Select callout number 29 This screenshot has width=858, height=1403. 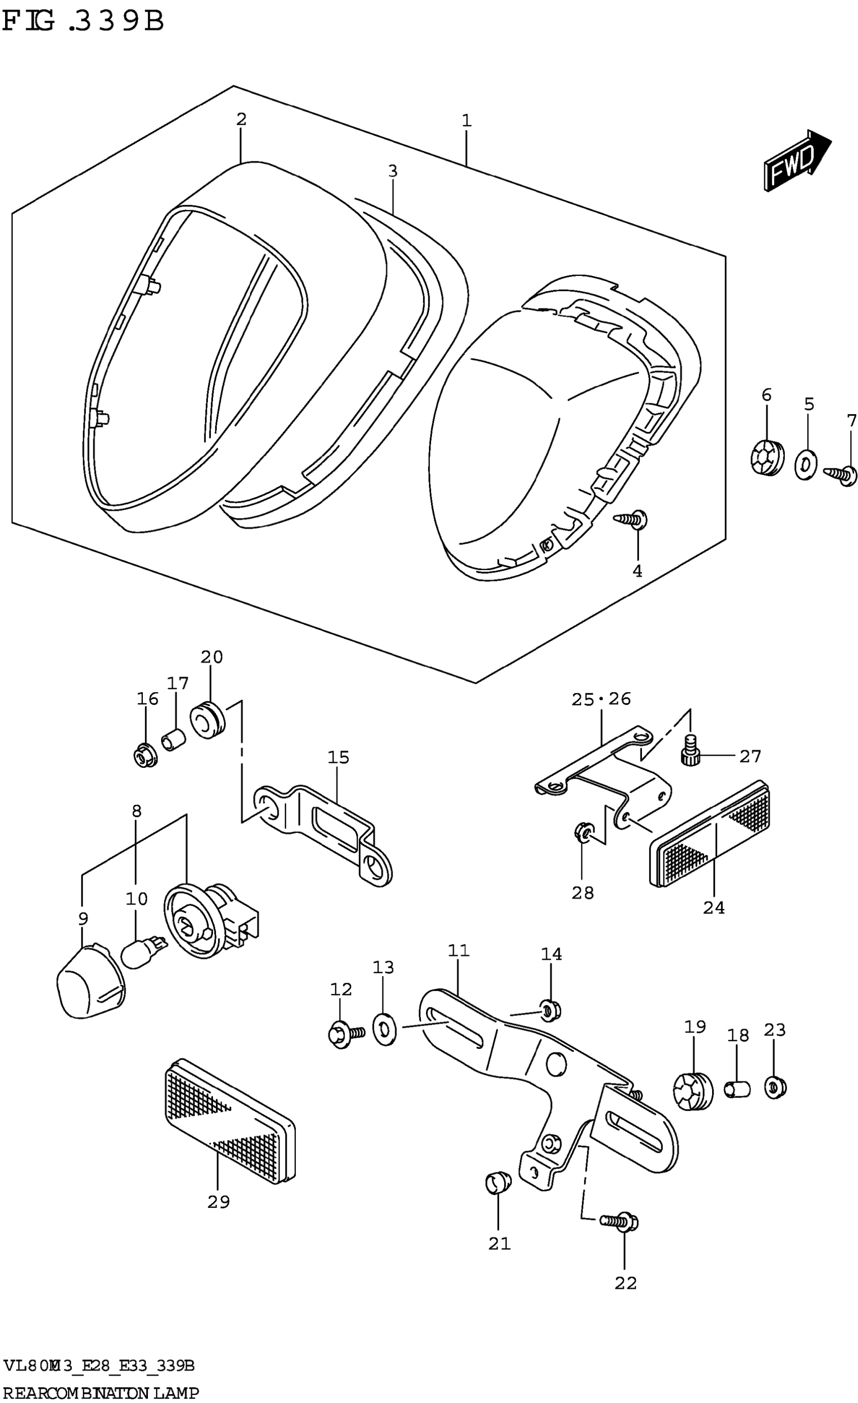(x=218, y=1202)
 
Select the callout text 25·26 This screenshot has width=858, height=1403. (x=601, y=699)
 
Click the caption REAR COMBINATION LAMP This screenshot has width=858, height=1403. (x=100, y=1393)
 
